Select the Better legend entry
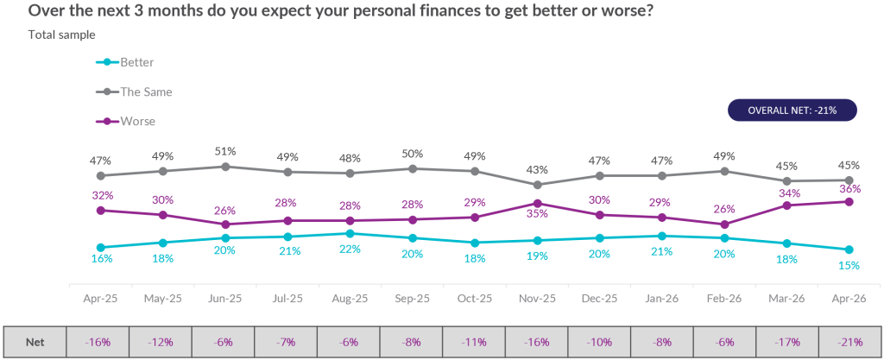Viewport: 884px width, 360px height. pos(136,62)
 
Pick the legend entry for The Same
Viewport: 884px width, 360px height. pos(146,92)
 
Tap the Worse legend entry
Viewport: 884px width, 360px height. pos(137,121)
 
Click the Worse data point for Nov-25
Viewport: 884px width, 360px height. pos(537,204)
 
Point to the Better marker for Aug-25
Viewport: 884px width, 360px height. pos(350,233)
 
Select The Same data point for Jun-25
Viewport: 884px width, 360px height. pos(225,167)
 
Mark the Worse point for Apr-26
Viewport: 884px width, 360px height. pos(849,201)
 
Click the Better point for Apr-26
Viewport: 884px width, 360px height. pos(849,249)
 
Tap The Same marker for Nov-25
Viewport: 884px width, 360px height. pos(537,185)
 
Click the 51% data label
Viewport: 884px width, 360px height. pos(225,151)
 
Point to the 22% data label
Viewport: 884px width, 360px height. pos(350,249)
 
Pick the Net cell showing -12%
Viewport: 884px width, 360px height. pos(161,342)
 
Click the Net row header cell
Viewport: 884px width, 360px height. pos(35,342)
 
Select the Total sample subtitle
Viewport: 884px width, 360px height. pos(61,35)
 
